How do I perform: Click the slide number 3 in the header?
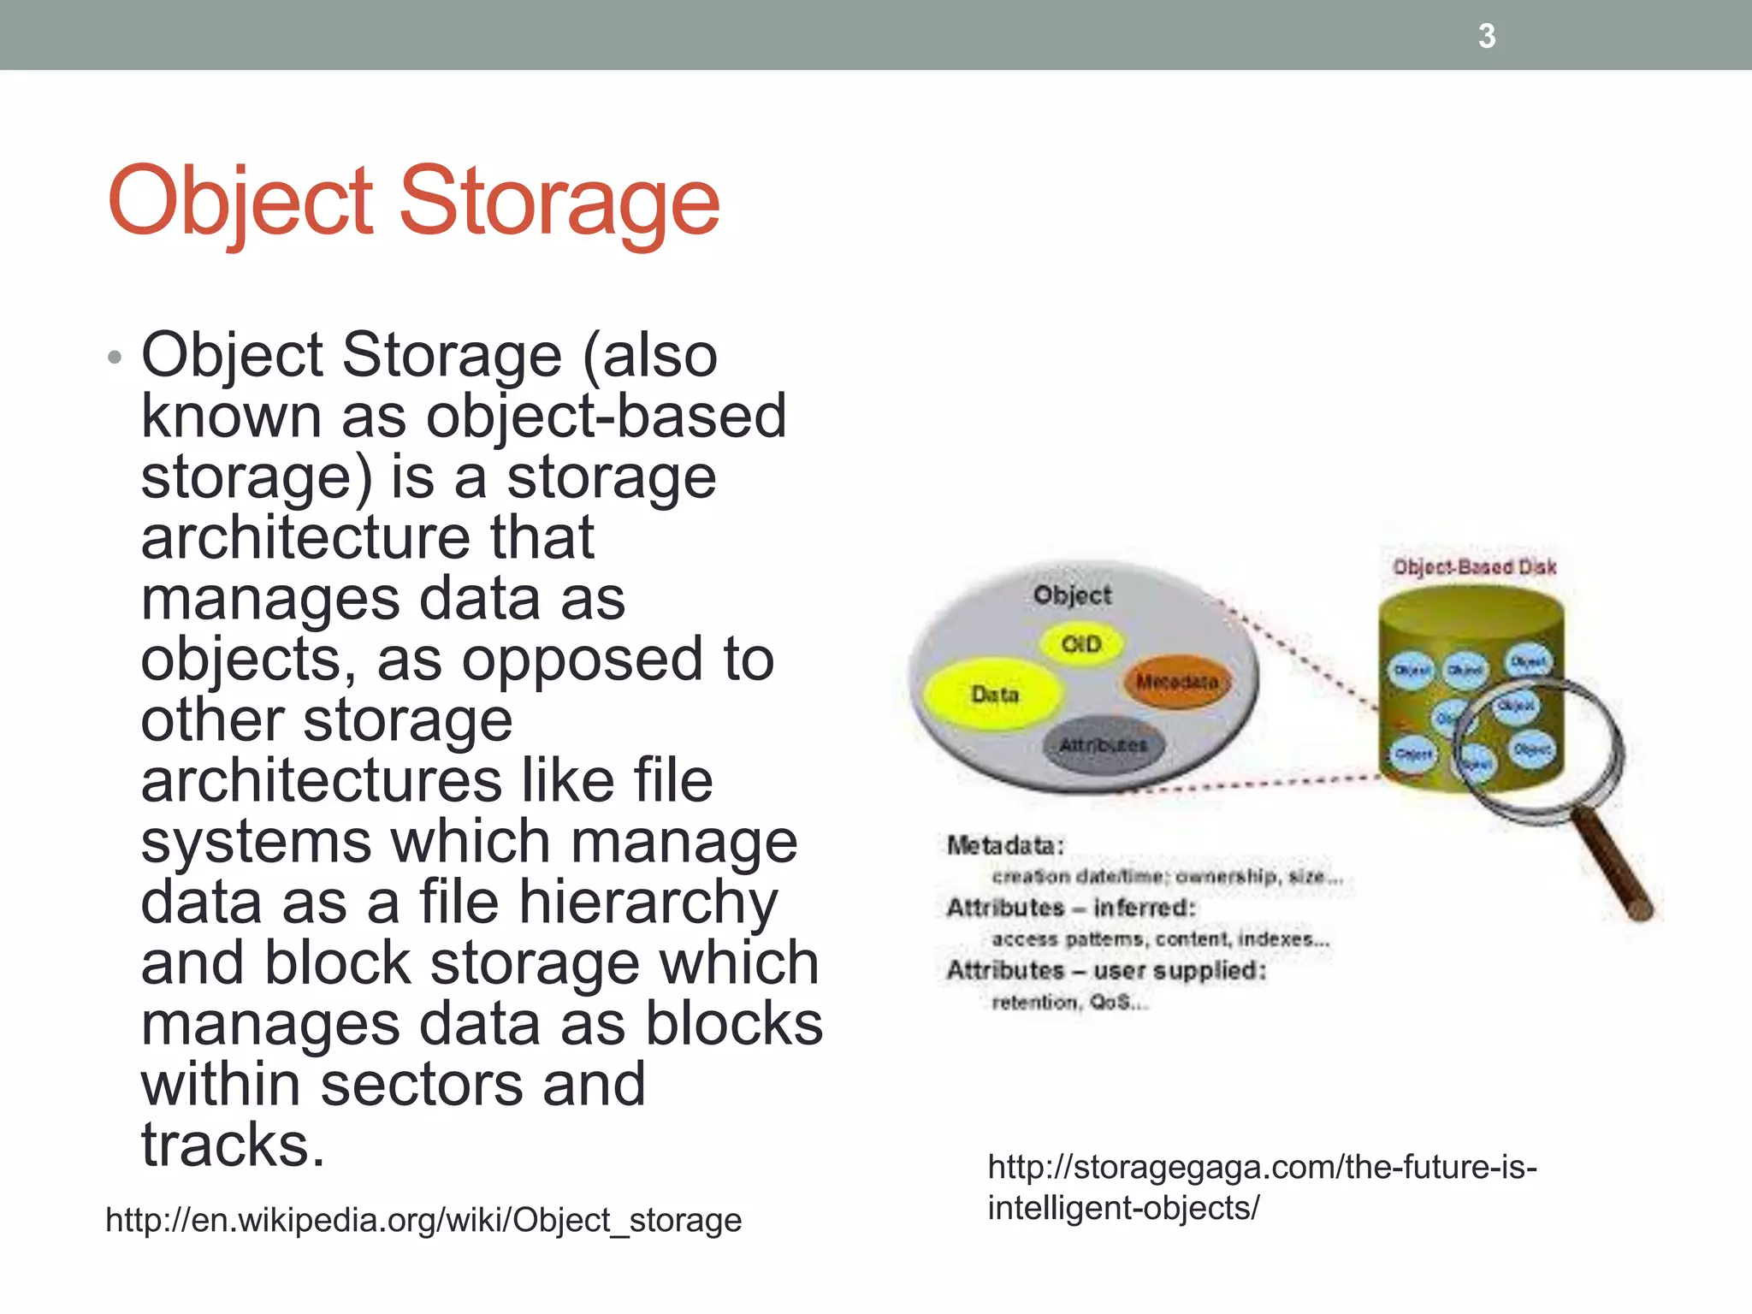[x=1487, y=36]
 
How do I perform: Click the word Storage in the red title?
[x=560, y=202]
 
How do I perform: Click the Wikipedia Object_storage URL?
[x=423, y=1219]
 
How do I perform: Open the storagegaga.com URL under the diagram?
[x=1262, y=1187]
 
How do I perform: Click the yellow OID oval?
[x=1080, y=643]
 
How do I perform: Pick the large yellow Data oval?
[x=994, y=694]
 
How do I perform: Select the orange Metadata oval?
[x=1177, y=682]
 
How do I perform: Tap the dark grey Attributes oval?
[x=1103, y=745]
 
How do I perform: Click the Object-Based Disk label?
[x=1474, y=567]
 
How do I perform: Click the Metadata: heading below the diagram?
[x=1005, y=845]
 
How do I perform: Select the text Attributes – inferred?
[x=1071, y=907]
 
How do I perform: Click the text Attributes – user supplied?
[x=1106, y=970]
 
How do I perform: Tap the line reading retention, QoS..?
[x=1069, y=1002]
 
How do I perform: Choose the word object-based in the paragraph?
[x=606, y=417]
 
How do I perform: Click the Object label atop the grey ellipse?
[x=1072, y=595]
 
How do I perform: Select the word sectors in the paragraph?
[x=421, y=1085]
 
